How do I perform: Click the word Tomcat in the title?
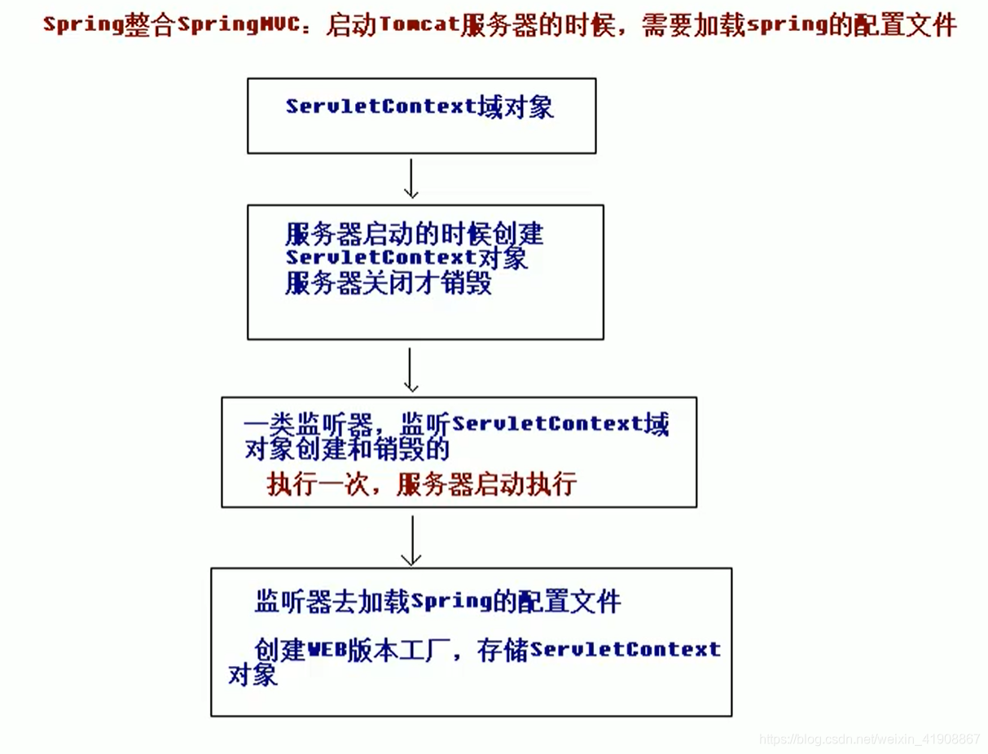[x=418, y=24]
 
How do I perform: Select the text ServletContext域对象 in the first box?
[x=419, y=107]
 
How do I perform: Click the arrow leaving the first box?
[x=411, y=178]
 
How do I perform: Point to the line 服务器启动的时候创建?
[x=414, y=235]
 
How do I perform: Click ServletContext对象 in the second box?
[x=406, y=258]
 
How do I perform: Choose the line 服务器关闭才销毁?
[x=389, y=283]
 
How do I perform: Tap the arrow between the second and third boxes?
[x=411, y=370]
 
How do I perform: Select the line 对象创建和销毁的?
[x=347, y=449]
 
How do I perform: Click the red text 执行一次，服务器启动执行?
[x=422, y=484]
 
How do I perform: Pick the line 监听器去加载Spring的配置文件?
[x=437, y=603]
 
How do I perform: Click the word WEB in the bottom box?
[x=327, y=650]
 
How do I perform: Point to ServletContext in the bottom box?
[x=625, y=650]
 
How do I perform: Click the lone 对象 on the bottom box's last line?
[x=253, y=674]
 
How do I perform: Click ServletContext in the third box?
[x=547, y=424]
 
